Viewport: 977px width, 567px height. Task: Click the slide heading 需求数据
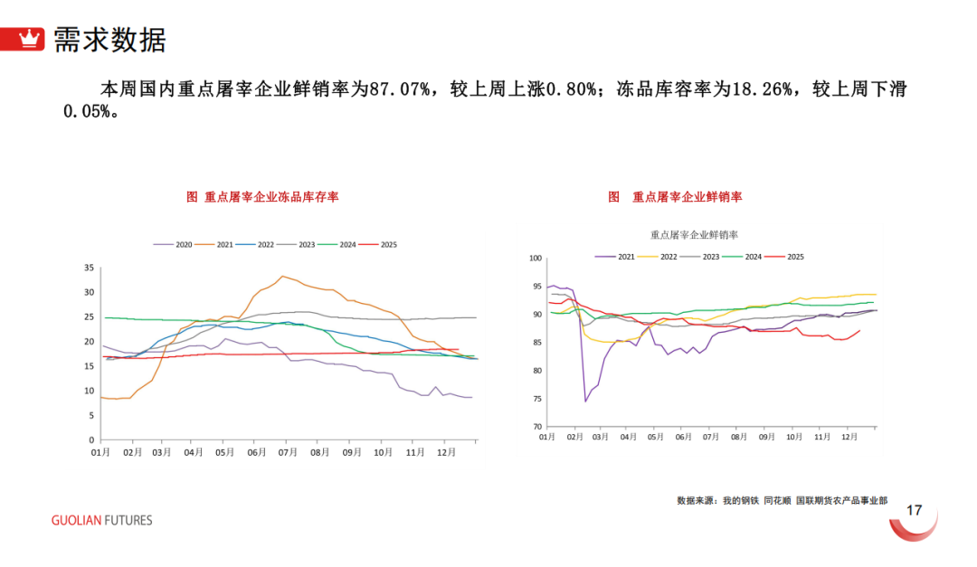tap(109, 40)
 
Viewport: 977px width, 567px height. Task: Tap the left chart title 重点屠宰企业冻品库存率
tap(262, 196)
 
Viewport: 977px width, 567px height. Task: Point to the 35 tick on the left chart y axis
tap(89, 268)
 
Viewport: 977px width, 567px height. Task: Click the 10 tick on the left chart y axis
tap(89, 391)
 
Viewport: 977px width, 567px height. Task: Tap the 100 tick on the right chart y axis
tap(534, 259)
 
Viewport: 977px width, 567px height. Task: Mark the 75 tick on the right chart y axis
tap(536, 399)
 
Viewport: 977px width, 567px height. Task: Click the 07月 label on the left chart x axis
tap(288, 450)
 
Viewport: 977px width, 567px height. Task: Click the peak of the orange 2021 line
tap(282, 276)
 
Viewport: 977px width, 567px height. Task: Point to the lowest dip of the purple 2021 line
tap(585, 401)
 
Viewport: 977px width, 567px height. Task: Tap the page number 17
tap(914, 511)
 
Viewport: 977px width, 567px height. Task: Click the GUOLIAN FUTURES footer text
tap(101, 520)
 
